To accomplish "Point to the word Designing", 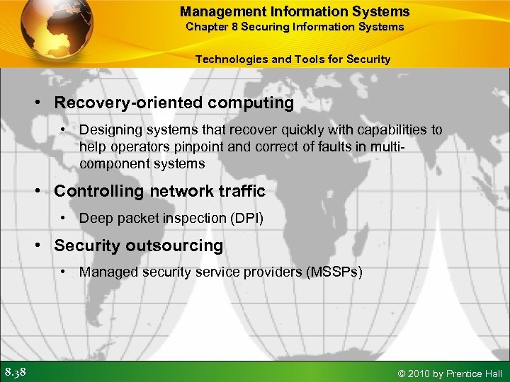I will tap(108, 129).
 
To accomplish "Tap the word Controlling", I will tap(98, 191).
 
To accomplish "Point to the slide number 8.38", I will tap(16, 372).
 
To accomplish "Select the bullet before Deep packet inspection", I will tap(64, 218).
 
